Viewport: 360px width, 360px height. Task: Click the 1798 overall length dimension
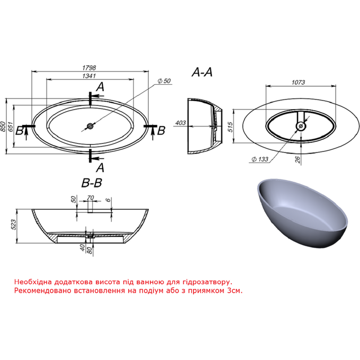(89, 68)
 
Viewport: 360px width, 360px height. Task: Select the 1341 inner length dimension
(89, 76)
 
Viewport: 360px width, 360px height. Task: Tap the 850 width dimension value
(3, 127)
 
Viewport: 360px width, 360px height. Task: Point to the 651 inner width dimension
(11, 127)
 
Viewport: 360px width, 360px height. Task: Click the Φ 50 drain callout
(165, 81)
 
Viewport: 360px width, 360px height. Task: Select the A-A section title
(202, 73)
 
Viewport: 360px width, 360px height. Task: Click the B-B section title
(92, 183)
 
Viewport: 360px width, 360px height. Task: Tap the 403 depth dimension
(181, 123)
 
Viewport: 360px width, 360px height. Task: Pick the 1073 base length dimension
(298, 82)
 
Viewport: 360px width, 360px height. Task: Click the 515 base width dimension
(230, 127)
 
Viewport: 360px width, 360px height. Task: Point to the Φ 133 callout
(260, 159)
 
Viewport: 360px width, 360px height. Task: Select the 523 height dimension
(13, 224)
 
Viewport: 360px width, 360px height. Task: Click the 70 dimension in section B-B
(91, 197)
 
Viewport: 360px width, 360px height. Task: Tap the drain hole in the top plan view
(90, 126)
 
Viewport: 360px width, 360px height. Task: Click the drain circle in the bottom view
(301, 126)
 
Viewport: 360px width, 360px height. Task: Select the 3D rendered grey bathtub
(302, 212)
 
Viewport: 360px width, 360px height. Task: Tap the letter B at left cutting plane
(19, 131)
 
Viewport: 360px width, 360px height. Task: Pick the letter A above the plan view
(101, 87)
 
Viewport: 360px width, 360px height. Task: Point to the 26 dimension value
(298, 159)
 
